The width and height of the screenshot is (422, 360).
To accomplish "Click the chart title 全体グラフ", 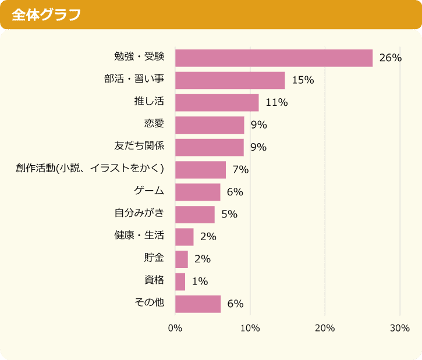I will click(x=46, y=15).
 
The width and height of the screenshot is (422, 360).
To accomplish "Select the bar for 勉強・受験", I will click(x=274, y=58).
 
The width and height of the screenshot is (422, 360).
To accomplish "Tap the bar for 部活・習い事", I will click(x=230, y=80).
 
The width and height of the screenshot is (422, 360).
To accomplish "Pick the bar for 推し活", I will click(x=217, y=102).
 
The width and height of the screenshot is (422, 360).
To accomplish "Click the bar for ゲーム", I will click(x=197, y=192).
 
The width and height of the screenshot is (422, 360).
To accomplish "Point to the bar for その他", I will click(x=198, y=304).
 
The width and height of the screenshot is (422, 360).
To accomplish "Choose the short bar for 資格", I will click(x=180, y=281).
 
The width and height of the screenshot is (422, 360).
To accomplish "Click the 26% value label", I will click(x=390, y=58).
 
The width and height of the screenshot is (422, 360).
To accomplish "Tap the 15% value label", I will click(x=303, y=80).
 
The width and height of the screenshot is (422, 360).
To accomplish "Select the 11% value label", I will click(x=276, y=102).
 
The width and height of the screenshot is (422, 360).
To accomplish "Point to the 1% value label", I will click(x=200, y=281).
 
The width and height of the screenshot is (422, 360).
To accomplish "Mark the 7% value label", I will click(x=240, y=170).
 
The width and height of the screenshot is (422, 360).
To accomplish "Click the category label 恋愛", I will click(x=154, y=123).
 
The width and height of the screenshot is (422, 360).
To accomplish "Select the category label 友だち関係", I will click(x=139, y=145).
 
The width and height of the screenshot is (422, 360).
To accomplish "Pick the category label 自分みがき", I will click(x=139, y=213).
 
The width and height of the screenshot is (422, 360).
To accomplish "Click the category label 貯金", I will click(x=154, y=258).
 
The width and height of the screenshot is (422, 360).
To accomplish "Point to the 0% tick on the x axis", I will click(x=175, y=328).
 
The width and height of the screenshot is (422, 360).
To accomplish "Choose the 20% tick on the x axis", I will click(x=325, y=328).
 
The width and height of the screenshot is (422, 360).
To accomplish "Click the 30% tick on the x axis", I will click(x=400, y=328).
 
